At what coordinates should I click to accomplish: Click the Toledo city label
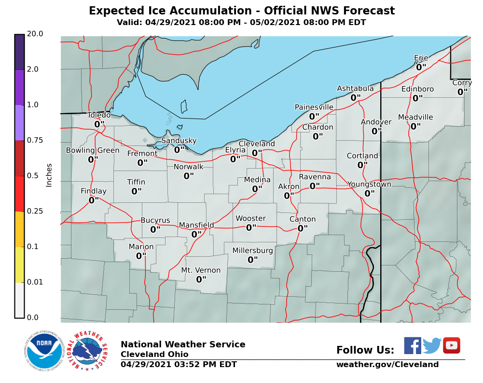pyautogui.click(x=98, y=115)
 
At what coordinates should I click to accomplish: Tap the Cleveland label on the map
pyautogui.click(x=257, y=144)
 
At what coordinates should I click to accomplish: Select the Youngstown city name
pyautogui.click(x=369, y=185)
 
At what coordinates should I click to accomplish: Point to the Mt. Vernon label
pyautogui.click(x=201, y=270)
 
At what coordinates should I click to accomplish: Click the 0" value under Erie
pyautogui.click(x=421, y=67)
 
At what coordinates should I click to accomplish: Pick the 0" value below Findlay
pyautogui.click(x=93, y=200)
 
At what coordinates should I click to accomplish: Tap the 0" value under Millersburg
pyautogui.click(x=252, y=260)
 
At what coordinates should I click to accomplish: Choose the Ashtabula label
pyautogui.click(x=355, y=89)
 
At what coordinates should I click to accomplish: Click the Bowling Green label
pyautogui.click(x=93, y=150)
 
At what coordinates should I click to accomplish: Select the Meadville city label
pyautogui.click(x=415, y=118)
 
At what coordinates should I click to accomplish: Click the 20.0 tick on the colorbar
pyautogui.click(x=35, y=34)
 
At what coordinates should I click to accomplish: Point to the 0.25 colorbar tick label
pyautogui.click(x=35, y=211)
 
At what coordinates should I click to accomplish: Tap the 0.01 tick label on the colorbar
pyautogui.click(x=35, y=282)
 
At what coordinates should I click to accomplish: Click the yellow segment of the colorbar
pyautogui.click(x=19, y=264)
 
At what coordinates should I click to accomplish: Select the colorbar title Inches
pyautogui.click(x=49, y=175)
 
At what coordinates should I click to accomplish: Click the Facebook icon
pyautogui.click(x=413, y=345)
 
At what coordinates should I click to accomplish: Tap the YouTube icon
pyautogui.click(x=452, y=345)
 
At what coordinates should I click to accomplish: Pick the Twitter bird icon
pyautogui.click(x=432, y=345)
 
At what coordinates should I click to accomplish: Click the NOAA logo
pyautogui.click(x=43, y=350)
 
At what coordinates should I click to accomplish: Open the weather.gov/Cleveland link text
pyautogui.click(x=387, y=365)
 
